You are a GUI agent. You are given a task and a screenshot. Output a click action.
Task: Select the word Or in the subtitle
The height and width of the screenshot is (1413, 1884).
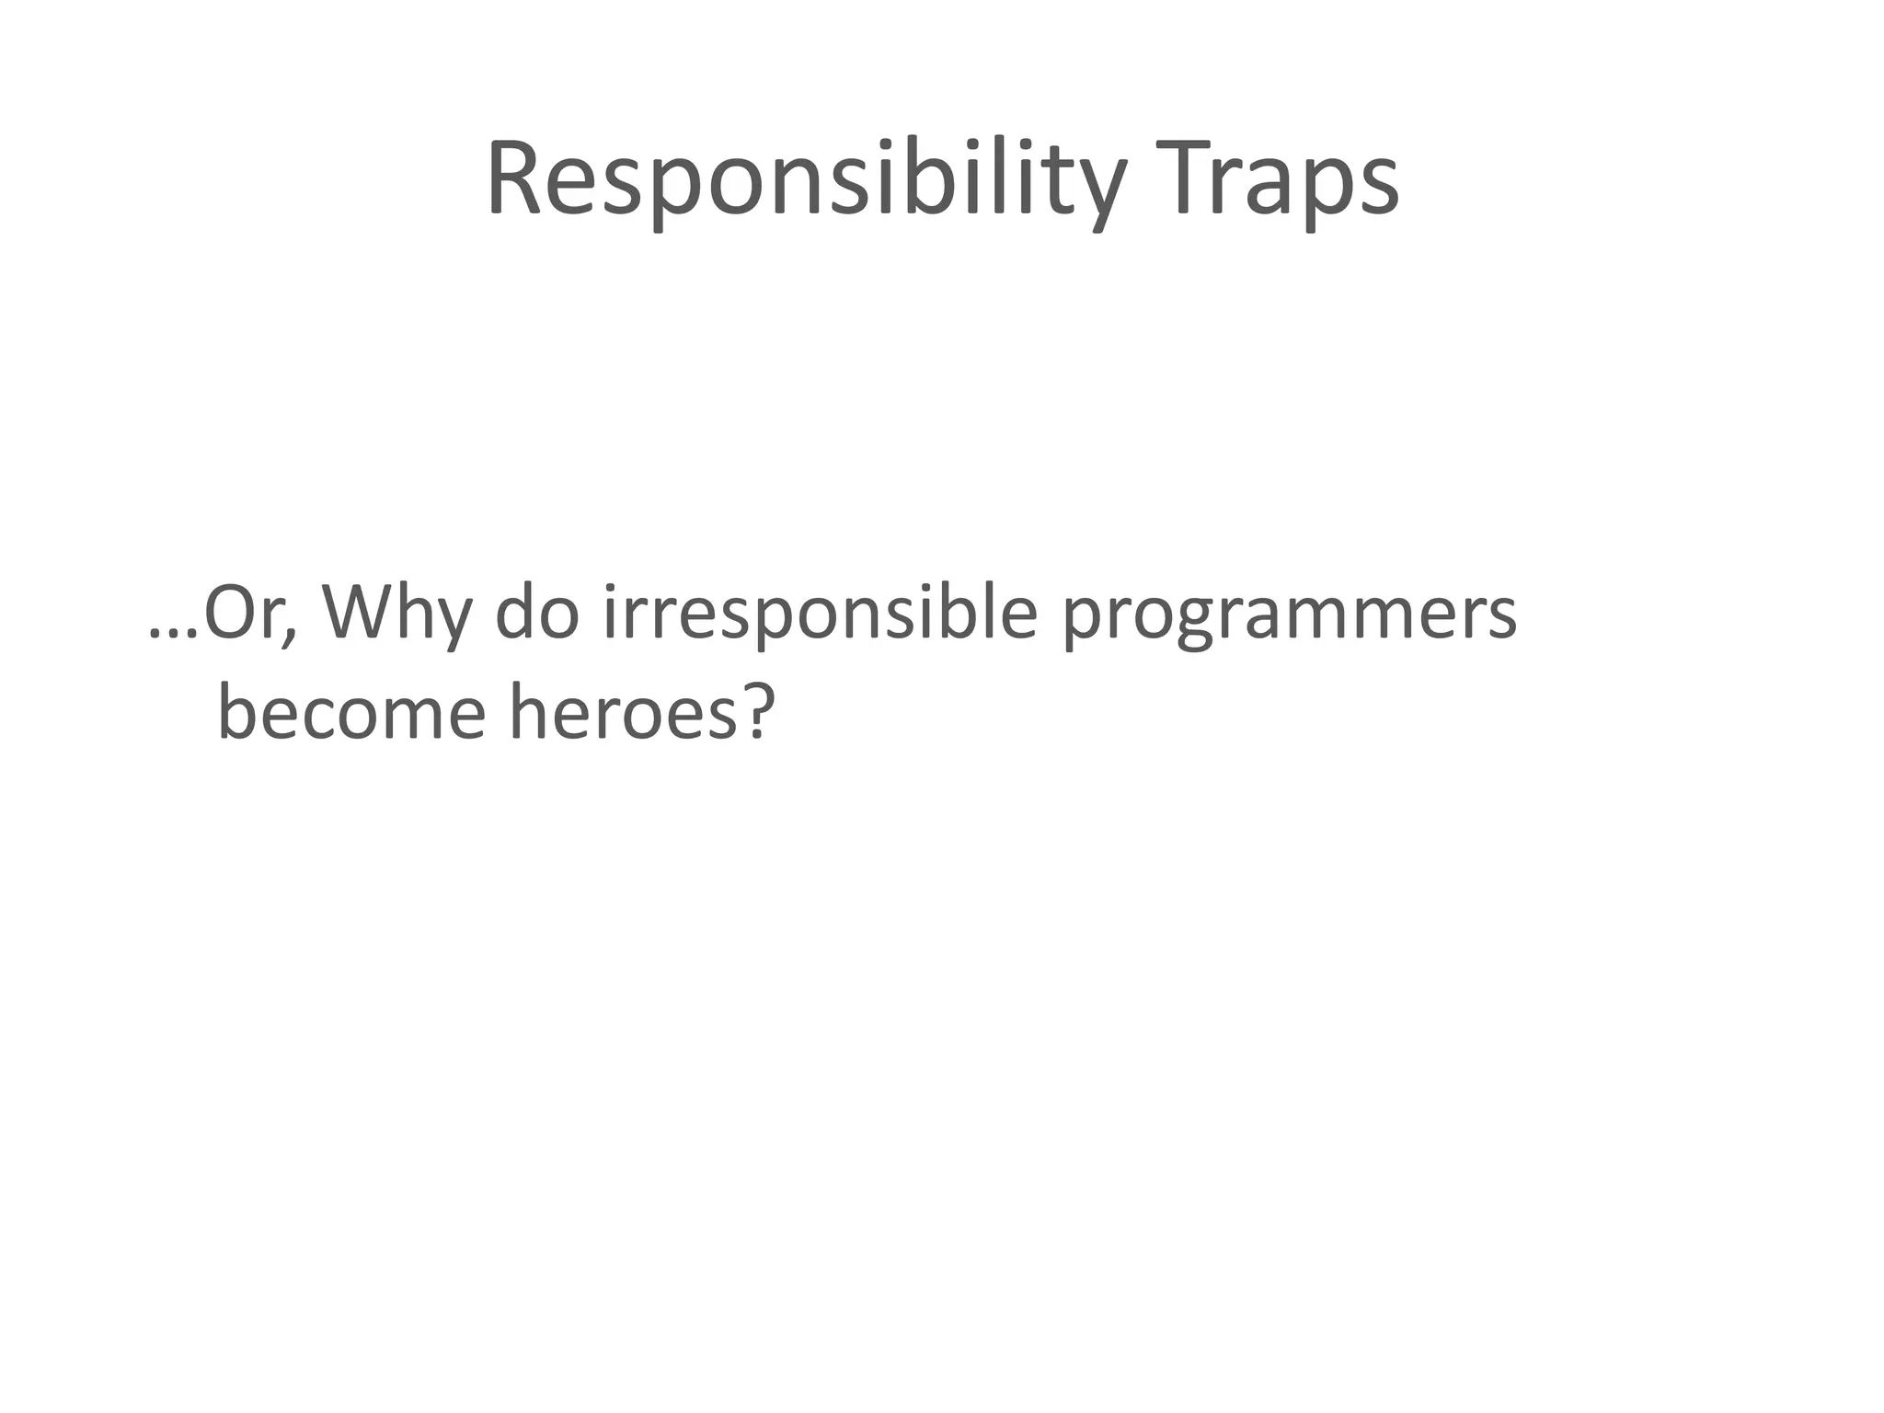241,615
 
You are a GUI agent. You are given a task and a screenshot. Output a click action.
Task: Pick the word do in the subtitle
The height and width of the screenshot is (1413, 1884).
537,615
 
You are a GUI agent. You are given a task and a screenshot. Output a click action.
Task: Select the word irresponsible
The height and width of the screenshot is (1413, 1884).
820,615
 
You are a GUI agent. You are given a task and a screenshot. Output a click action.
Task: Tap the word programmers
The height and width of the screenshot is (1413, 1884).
1288,615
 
